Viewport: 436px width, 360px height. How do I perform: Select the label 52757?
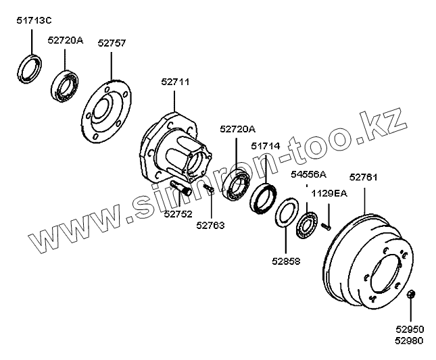[112, 43]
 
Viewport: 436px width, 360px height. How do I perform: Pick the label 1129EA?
[329, 194]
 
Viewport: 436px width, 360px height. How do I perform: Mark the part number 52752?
[177, 213]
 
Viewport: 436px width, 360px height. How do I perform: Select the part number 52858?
[287, 261]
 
